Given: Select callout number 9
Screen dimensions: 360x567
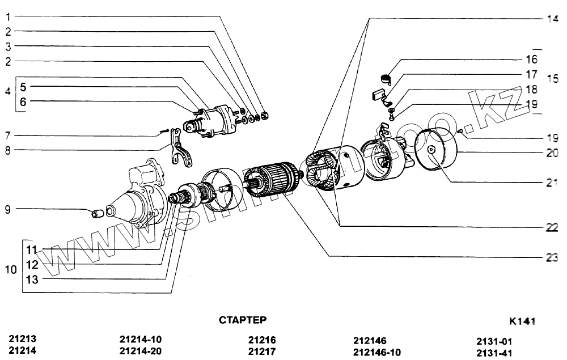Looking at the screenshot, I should point(8,210).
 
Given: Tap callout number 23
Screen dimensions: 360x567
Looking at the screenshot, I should point(552,257).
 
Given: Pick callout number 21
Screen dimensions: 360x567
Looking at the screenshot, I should point(552,183).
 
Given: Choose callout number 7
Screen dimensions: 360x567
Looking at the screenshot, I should point(8,135).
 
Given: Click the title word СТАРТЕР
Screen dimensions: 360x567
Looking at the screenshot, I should point(242,320).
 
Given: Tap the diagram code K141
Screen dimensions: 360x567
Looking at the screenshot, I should point(522,321).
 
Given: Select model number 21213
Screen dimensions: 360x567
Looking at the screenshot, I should point(23,339).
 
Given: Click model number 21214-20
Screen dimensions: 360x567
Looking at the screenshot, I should point(141,351).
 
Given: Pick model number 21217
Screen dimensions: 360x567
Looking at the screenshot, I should point(262,351).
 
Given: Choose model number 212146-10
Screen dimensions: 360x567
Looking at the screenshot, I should point(376,352).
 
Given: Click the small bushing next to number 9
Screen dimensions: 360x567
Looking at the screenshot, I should point(97,214).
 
